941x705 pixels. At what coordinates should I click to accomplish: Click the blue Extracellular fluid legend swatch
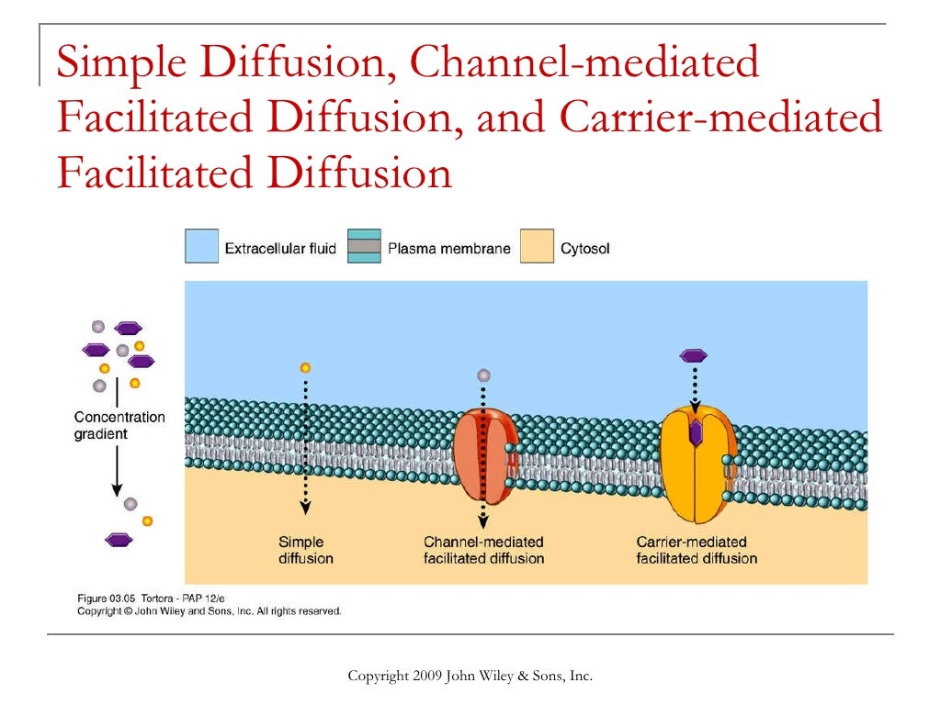coord(201,247)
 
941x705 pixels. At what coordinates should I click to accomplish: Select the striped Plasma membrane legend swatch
coord(364,247)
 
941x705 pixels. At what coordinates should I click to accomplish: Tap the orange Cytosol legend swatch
coord(537,247)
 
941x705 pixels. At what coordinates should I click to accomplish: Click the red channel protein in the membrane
coord(485,456)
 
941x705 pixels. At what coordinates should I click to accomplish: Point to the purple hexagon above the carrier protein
coord(694,355)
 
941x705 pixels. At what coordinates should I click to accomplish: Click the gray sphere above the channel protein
coord(484,375)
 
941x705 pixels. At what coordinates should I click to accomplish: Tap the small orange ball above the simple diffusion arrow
coord(305,367)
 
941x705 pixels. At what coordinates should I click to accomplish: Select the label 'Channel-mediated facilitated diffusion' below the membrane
coord(483,550)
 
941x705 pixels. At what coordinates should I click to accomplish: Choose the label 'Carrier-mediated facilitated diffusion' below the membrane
coord(697,550)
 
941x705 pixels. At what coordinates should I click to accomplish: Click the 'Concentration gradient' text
coord(119,425)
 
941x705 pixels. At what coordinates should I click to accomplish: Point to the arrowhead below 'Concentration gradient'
coord(118,487)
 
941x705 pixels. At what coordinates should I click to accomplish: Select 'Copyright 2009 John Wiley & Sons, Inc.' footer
coord(470,677)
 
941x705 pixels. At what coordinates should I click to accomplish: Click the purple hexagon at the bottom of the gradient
coord(119,540)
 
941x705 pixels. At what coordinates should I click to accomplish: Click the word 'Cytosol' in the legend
coord(585,248)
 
